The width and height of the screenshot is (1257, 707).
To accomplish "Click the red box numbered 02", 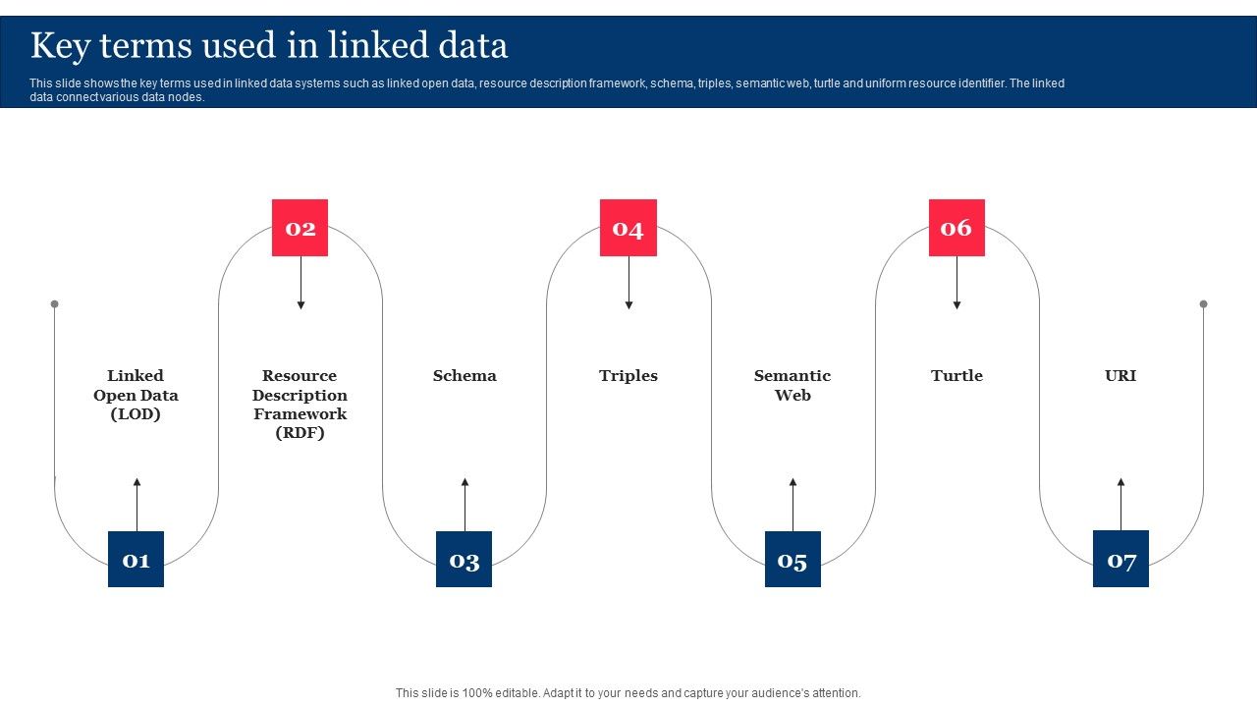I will (x=300, y=228).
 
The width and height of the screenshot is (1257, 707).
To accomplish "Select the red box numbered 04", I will (x=628, y=228).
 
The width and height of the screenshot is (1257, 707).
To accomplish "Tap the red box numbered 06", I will (x=956, y=228).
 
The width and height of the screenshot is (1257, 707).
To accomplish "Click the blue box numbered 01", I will (x=136, y=560).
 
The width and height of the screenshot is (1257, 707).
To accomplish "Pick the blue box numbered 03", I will (x=464, y=560).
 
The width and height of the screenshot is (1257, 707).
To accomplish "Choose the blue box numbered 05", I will (x=792, y=560).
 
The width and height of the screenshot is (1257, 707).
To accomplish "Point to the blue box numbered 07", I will (x=1120, y=560).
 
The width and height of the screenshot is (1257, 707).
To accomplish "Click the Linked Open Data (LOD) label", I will (x=136, y=395).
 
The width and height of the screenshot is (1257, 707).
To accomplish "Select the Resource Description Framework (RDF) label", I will (x=300, y=404).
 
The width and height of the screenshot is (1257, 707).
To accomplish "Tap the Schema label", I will (x=465, y=376).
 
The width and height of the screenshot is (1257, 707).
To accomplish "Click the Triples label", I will (x=628, y=376).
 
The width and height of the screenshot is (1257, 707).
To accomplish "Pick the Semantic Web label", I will (x=792, y=385).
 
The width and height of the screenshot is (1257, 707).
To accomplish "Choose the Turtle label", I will (x=956, y=376).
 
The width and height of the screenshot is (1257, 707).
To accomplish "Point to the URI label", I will (x=1120, y=376).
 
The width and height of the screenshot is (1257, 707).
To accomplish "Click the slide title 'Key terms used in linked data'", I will (x=269, y=46).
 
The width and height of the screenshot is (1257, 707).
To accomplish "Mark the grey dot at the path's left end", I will (x=55, y=304).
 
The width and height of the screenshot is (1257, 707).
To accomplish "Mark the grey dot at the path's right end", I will (x=1203, y=304).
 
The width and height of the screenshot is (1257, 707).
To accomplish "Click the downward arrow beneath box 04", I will (x=628, y=284).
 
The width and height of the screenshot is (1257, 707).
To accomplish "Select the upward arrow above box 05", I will (x=792, y=504).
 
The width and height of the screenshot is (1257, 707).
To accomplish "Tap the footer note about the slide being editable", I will (x=628, y=693).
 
